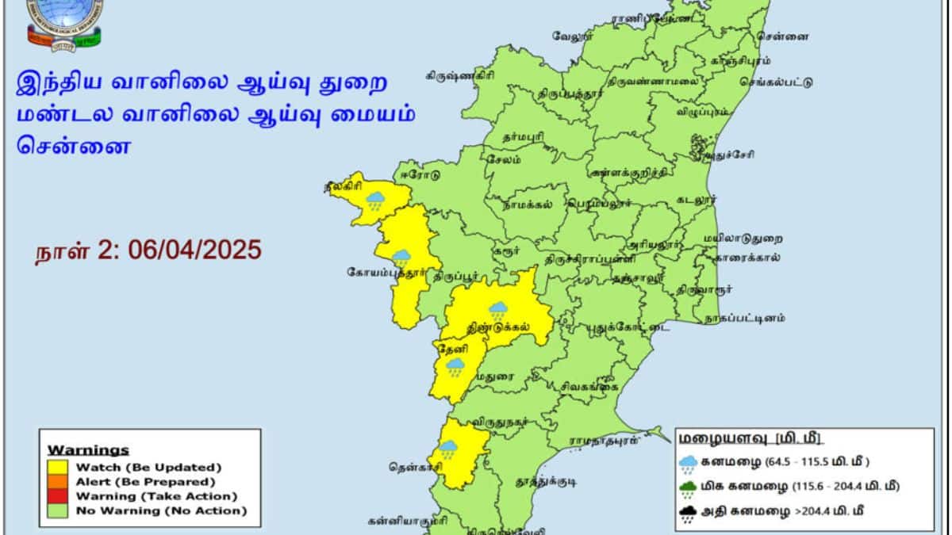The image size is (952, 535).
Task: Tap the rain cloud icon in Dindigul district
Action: pyautogui.click(x=497, y=310)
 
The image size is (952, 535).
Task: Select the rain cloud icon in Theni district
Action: pyautogui.click(x=455, y=366)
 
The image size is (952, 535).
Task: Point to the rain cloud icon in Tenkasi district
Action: pyautogui.click(x=448, y=449)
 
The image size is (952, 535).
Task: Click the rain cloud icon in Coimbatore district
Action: pyautogui.click(x=401, y=257)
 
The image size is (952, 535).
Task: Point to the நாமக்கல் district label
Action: pyautogui.click(x=528, y=203)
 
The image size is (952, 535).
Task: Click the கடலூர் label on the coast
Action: pyautogui.click(x=696, y=200)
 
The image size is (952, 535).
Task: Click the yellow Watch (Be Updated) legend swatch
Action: pyautogui.click(x=60, y=467)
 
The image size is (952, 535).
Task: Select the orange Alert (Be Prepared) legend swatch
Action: pyautogui.click(x=60, y=481)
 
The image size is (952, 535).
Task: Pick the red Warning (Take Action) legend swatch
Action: pyautogui.click(x=60, y=496)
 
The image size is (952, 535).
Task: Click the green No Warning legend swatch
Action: pyautogui.click(x=60, y=511)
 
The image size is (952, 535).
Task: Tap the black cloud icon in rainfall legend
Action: pyautogui.click(x=688, y=512)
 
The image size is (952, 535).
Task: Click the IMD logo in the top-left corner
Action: pyautogui.click(x=65, y=22)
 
